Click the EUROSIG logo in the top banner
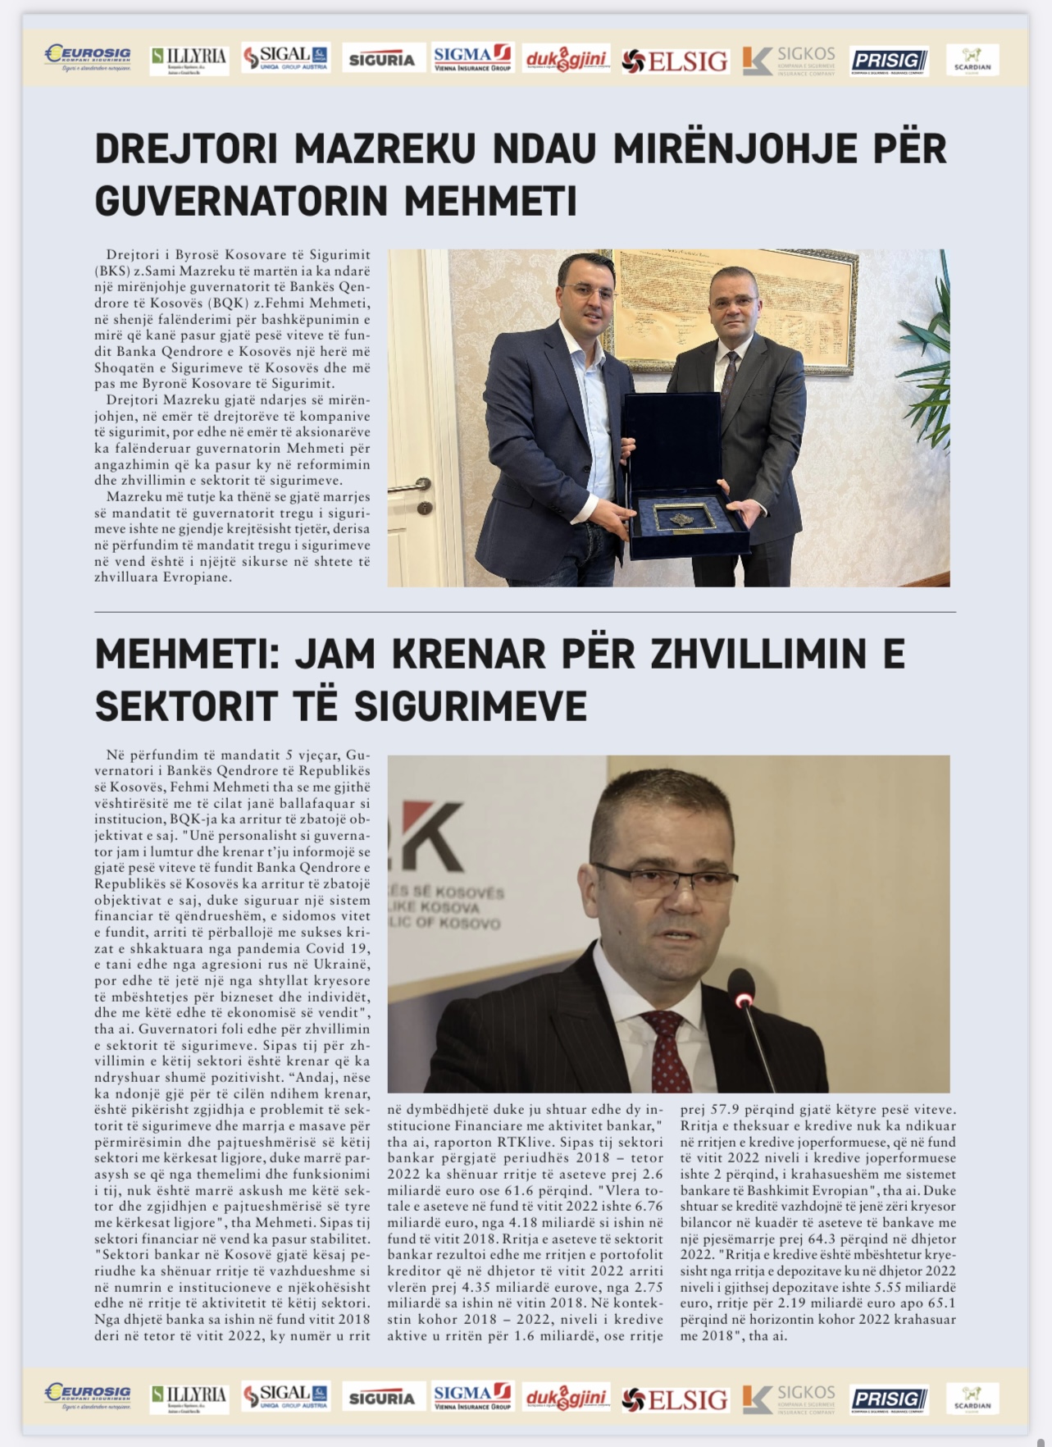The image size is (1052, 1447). (88, 58)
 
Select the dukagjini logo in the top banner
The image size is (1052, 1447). (566, 59)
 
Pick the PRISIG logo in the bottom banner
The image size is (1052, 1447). (889, 1399)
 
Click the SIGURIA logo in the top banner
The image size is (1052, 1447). (381, 59)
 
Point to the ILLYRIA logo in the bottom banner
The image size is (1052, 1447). (189, 1398)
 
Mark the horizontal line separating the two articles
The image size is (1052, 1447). (525, 612)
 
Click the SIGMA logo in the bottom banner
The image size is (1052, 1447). (471, 1398)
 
